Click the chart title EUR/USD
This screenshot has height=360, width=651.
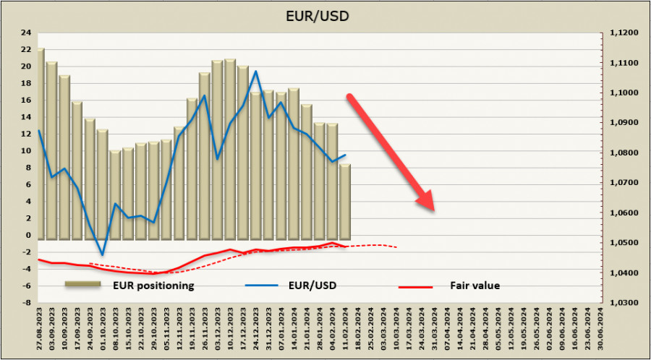[325, 14]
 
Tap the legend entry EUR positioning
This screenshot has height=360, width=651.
[153, 286]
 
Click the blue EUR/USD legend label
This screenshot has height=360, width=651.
[311, 286]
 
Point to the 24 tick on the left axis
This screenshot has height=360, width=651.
[26, 33]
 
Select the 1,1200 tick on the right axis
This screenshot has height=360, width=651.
[624, 33]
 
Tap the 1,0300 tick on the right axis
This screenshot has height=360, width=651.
[624, 303]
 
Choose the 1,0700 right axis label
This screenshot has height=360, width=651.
[624, 183]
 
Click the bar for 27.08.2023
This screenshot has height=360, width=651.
[40, 145]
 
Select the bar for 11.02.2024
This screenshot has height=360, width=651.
[345, 202]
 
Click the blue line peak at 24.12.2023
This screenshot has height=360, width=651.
[255, 71]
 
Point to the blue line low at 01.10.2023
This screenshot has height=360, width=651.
[103, 254]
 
